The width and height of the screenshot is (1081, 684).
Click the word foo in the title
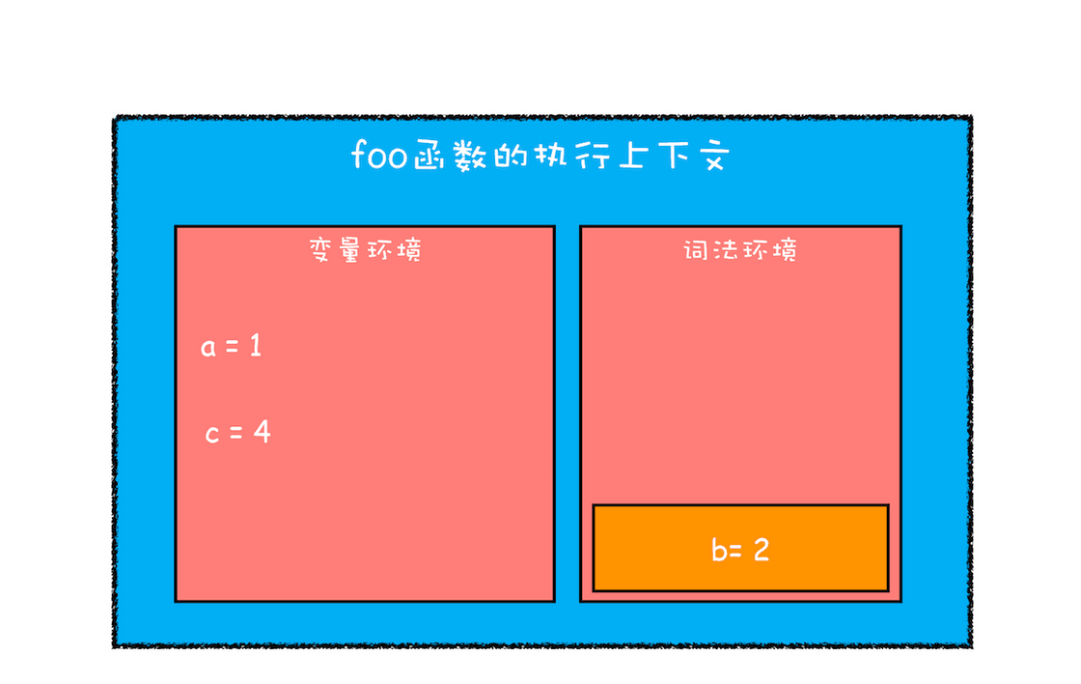click(378, 154)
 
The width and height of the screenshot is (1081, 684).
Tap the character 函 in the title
click(430, 156)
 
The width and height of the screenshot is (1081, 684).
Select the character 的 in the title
click(511, 156)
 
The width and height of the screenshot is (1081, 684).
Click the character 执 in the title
click(551, 155)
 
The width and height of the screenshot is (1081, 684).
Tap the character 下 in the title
click(674, 156)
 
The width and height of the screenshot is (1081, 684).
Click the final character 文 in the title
click(713, 156)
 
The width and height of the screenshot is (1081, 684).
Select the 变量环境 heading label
click(365, 249)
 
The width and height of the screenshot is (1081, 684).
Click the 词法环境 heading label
click(740, 249)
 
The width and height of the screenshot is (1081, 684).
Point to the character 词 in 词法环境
click(696, 249)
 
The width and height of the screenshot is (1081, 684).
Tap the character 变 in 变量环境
click(321, 249)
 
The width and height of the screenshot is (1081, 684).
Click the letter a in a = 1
click(208, 347)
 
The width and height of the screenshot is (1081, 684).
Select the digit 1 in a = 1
click(256, 345)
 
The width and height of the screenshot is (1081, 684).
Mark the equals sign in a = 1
click(232, 347)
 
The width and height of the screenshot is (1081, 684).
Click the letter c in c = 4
click(212, 434)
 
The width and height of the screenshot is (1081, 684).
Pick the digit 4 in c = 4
click(262, 432)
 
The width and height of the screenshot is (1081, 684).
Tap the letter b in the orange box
click(719, 550)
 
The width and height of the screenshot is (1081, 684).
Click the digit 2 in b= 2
click(762, 550)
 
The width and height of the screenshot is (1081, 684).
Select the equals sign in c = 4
click(236, 434)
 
